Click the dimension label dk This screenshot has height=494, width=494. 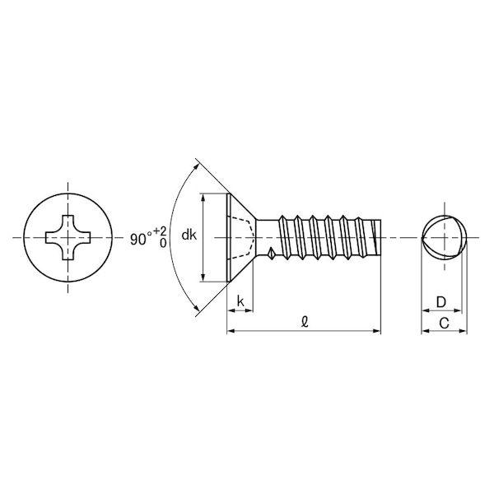(189, 235)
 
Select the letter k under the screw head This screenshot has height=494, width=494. (240, 301)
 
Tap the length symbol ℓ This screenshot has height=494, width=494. (305, 322)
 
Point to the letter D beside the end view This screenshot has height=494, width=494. (441, 302)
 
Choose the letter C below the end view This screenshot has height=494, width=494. (444, 323)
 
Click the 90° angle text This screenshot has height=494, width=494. (139, 239)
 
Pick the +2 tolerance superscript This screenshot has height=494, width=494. (160, 231)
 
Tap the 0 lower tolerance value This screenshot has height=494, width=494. (163, 243)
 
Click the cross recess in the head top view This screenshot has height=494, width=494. (68, 238)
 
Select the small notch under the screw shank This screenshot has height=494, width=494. (271, 253)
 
